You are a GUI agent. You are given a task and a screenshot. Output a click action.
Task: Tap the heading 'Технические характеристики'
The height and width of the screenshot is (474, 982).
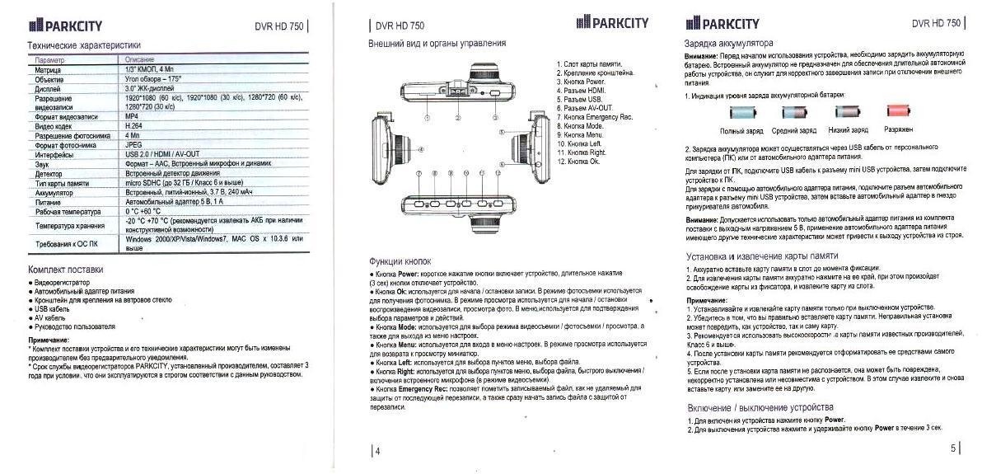(x=85, y=45)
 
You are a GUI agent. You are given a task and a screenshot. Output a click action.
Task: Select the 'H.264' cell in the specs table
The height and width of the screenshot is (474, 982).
(x=135, y=125)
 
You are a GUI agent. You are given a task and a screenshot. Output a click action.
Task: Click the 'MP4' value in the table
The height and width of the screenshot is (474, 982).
(x=132, y=116)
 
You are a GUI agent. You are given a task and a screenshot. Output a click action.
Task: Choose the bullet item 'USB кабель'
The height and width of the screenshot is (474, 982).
(x=54, y=309)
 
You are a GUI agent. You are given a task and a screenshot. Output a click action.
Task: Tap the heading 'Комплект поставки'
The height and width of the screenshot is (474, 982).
(x=66, y=270)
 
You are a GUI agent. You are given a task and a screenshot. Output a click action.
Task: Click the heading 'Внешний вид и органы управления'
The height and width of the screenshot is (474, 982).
(x=437, y=43)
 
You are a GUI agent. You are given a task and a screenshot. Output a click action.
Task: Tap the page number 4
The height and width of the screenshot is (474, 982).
(x=377, y=451)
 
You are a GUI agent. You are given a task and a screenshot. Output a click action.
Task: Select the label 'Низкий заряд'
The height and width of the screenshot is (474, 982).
(x=849, y=130)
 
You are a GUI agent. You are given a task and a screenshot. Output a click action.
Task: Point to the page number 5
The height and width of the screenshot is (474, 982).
(x=953, y=448)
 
